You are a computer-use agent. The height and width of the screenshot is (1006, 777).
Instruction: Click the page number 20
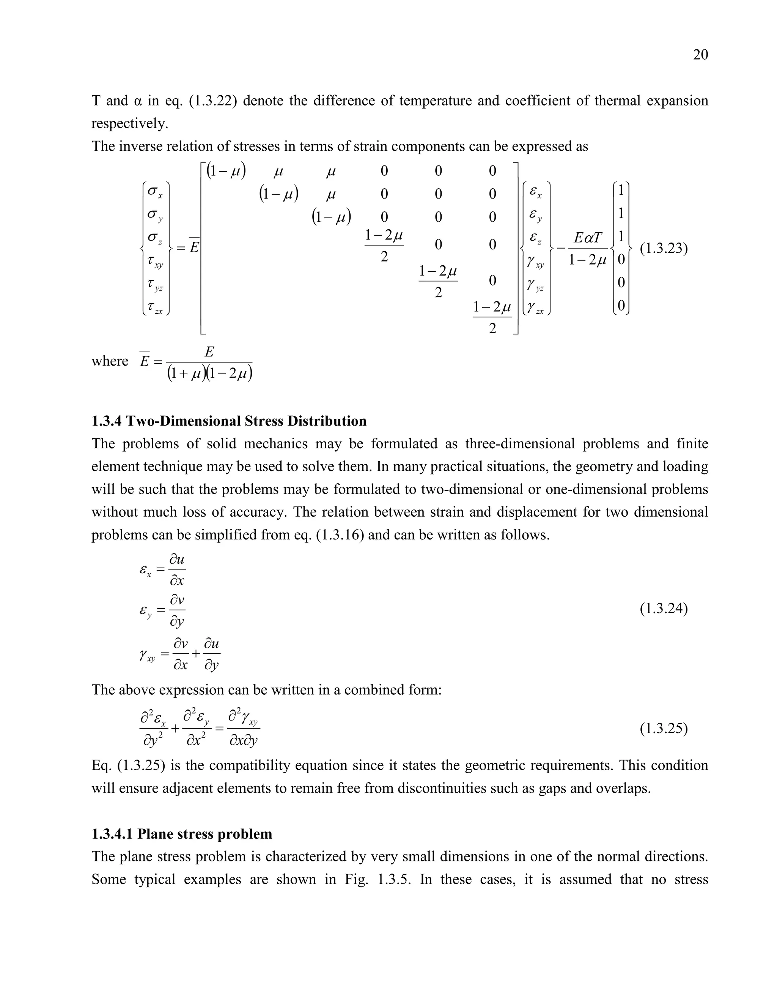[x=700, y=55]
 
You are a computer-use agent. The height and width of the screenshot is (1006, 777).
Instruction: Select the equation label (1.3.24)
[x=664, y=609]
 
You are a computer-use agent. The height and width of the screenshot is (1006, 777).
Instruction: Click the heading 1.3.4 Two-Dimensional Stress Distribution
[x=229, y=421]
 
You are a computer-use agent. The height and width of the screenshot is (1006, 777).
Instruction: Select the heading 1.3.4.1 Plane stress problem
[x=182, y=834]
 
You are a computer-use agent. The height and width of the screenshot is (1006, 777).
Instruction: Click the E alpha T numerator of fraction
[x=588, y=238]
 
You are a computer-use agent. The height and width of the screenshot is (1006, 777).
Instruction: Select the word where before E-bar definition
[x=110, y=361]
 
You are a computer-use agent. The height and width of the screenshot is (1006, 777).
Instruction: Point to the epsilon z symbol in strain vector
[x=535, y=238]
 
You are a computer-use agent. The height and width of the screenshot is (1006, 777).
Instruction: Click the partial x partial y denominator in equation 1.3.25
[x=244, y=741]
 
